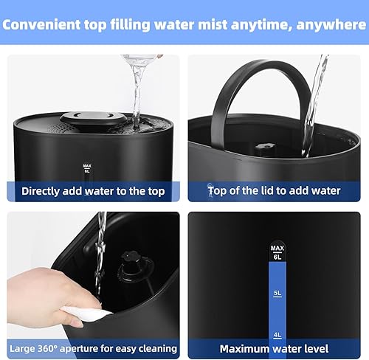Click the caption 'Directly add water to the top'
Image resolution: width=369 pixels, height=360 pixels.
pyautogui.click(x=92, y=191)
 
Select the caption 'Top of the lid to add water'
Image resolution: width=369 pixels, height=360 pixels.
pyautogui.click(x=274, y=191)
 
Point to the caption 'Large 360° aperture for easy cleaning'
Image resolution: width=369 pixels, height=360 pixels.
pyautogui.click(x=92, y=347)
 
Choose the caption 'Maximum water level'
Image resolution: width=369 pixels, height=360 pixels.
pyautogui.click(x=274, y=347)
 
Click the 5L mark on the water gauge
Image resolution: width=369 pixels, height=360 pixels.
pyautogui.click(x=277, y=292)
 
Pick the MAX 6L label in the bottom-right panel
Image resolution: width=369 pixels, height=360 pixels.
pyautogui.click(x=277, y=252)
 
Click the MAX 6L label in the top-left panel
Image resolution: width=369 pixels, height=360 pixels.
pyautogui.click(x=87, y=168)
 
